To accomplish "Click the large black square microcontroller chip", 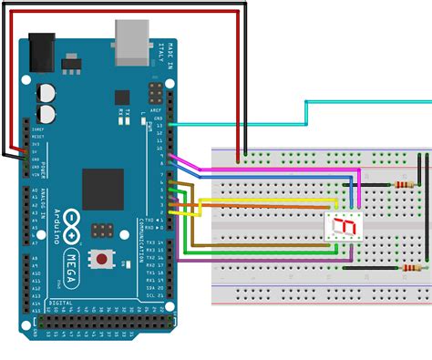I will point(102,189).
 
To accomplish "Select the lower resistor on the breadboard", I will point(412,268).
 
